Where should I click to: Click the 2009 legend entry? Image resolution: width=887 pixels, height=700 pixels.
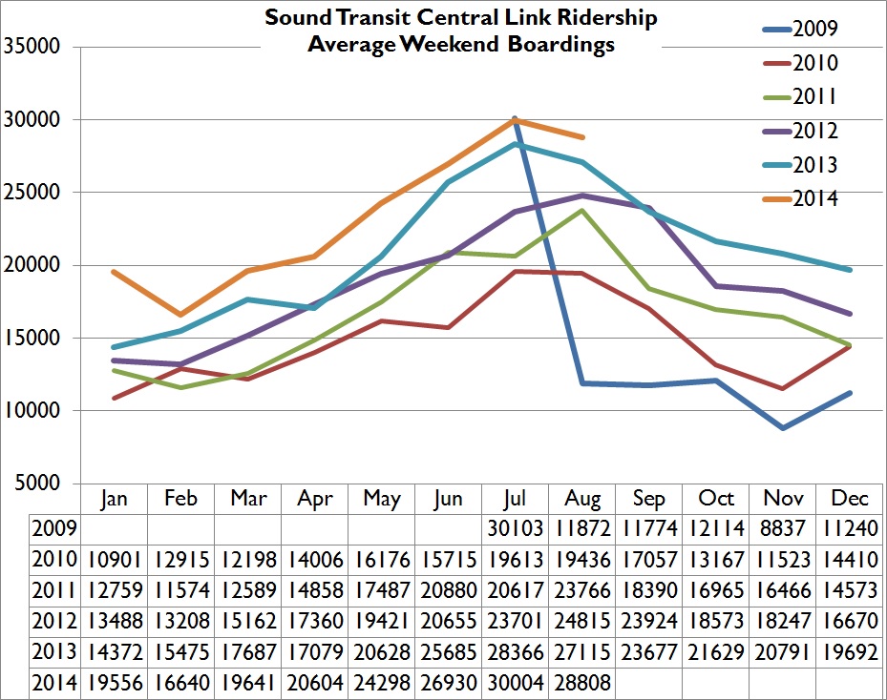(815, 28)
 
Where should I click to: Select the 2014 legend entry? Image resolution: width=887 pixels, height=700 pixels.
(815, 198)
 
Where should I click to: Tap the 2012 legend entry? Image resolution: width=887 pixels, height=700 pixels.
(815, 131)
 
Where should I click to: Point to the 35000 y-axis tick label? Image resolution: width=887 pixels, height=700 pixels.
(32, 47)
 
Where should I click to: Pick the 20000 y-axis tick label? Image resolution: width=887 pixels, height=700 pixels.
(32, 265)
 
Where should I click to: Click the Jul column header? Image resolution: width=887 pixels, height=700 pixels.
(515, 499)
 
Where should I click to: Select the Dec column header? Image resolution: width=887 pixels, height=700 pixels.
(850, 499)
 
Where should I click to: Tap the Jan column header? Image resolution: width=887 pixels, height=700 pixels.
(114, 499)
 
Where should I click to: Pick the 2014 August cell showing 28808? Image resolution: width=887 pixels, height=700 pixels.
(581, 682)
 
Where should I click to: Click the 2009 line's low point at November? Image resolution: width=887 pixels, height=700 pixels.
(783, 428)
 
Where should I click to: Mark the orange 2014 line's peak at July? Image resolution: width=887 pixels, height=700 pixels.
(516, 120)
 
